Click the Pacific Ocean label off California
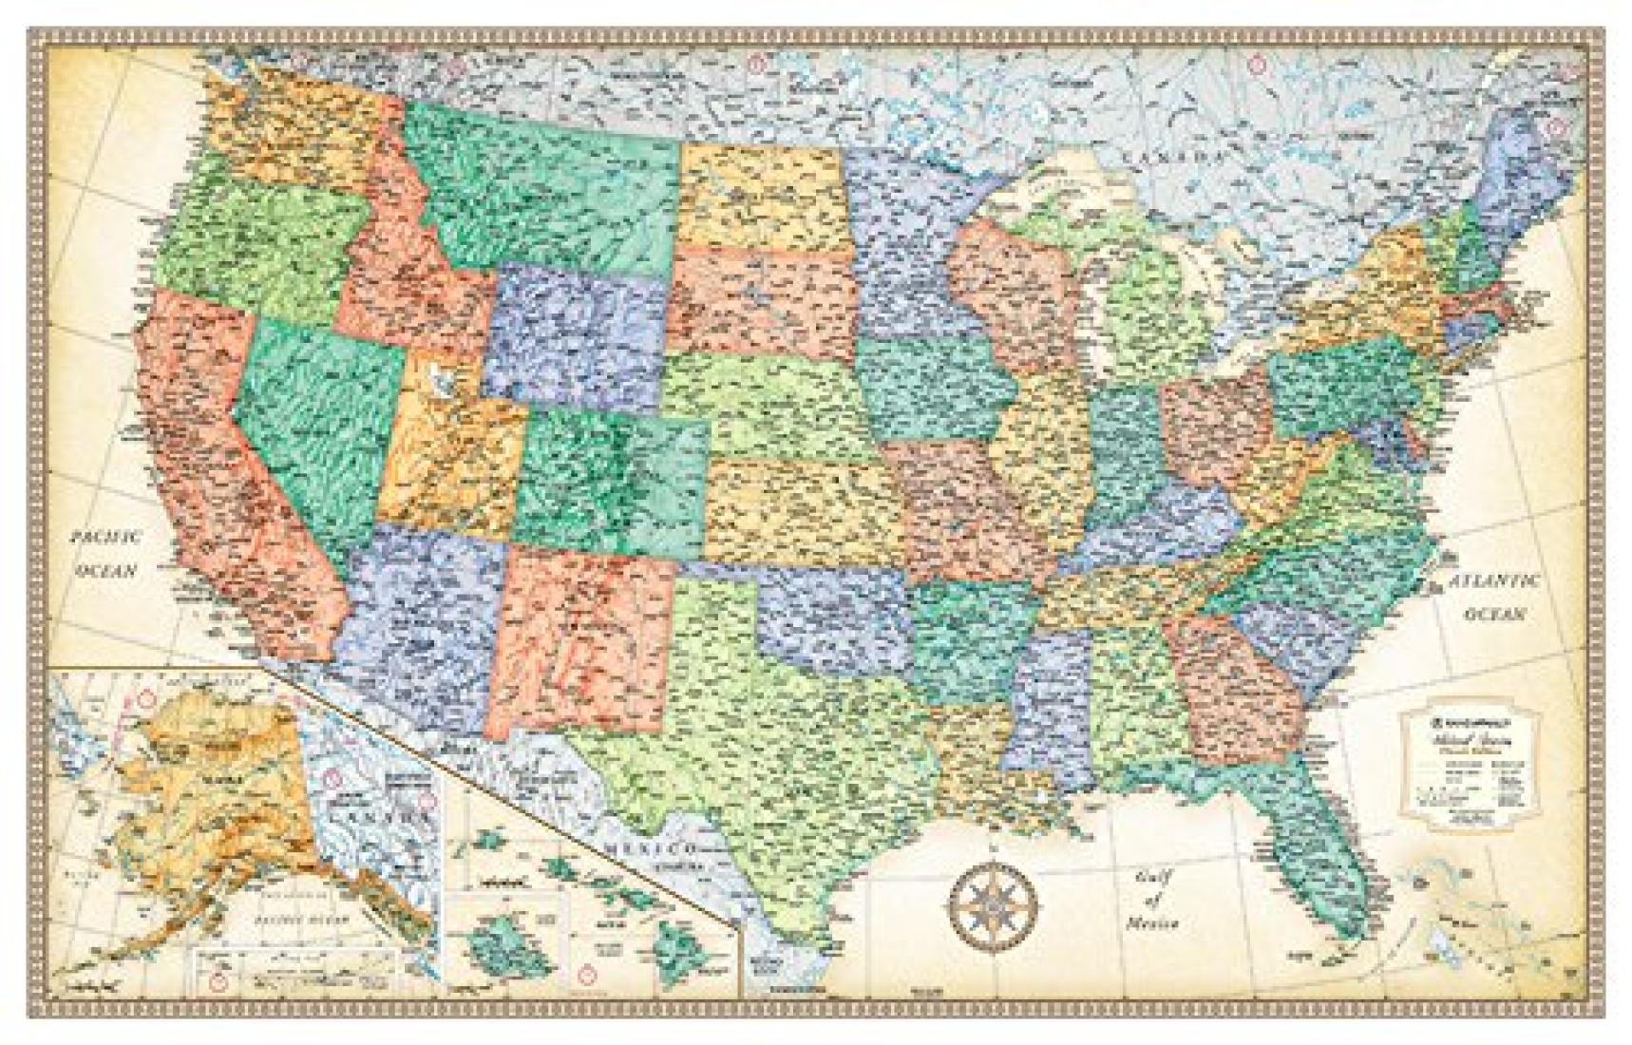pos(107,553)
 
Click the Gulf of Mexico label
pos(1153,899)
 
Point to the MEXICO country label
pos(653,846)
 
